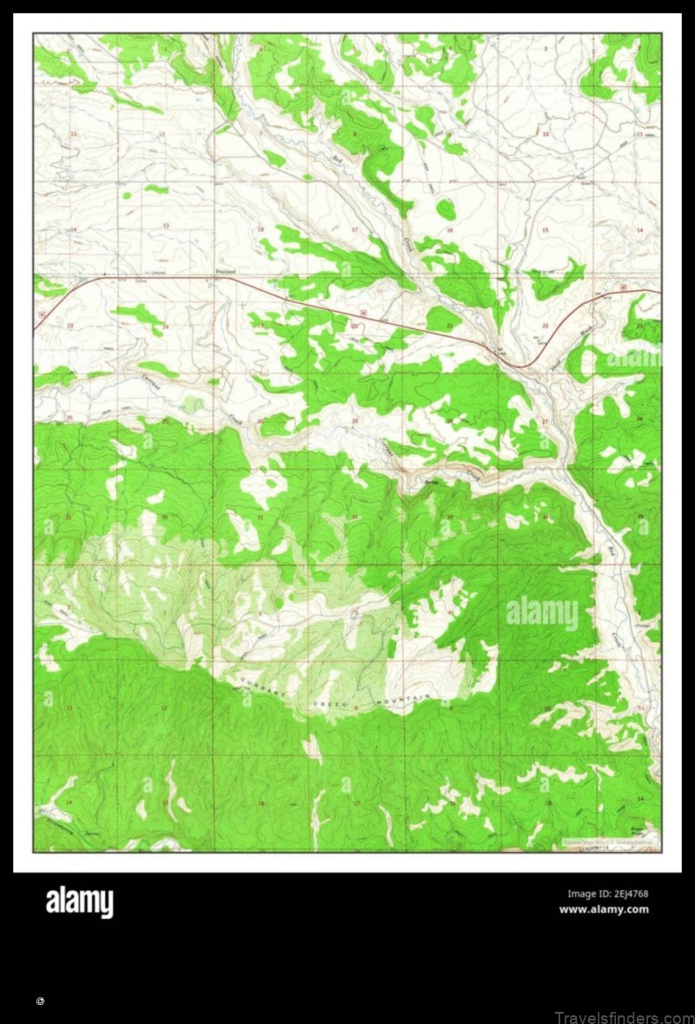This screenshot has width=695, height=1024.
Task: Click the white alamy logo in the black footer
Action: click(79, 902)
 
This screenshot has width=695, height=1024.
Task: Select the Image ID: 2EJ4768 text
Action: click(607, 894)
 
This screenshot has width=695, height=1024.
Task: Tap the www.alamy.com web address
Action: click(603, 909)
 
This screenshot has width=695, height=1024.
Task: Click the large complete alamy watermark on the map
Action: click(541, 613)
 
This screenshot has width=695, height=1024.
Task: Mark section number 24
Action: click(165, 327)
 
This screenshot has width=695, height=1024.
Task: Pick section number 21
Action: click(448, 326)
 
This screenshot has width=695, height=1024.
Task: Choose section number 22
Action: click(545, 326)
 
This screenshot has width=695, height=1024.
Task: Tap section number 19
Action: click(260, 326)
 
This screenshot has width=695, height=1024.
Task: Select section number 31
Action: click(260, 518)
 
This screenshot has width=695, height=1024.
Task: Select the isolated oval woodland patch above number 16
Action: click(446, 208)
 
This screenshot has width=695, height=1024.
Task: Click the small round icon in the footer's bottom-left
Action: click(40, 1001)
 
